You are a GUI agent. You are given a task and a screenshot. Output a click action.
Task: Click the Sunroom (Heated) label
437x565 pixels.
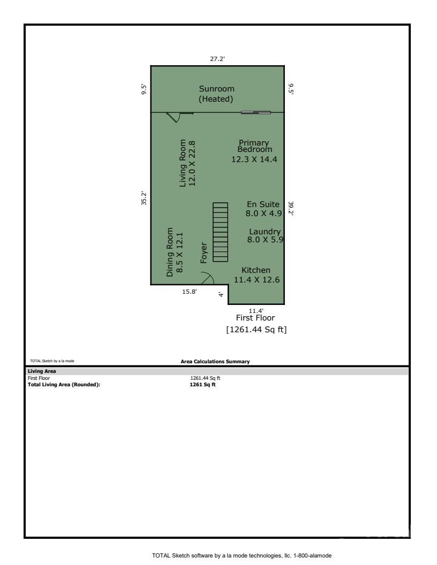[x=217, y=94]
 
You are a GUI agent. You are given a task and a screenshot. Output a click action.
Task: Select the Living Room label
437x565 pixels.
[x=187, y=163]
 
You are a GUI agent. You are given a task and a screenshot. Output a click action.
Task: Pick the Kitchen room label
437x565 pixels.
[x=255, y=274]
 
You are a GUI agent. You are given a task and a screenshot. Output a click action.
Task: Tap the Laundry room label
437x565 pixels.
[x=265, y=236]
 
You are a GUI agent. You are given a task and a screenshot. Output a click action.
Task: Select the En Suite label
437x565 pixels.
[x=262, y=209]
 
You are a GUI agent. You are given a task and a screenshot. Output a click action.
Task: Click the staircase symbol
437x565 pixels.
[x=220, y=232]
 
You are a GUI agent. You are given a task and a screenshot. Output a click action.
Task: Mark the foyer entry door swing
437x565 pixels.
[x=207, y=278]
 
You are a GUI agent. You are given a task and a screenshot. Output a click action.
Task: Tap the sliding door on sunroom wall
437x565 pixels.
[x=255, y=112]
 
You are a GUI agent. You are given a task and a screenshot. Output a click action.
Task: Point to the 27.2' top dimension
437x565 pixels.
[x=217, y=59]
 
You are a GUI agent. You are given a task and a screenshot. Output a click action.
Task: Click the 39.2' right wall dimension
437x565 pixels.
[x=291, y=208]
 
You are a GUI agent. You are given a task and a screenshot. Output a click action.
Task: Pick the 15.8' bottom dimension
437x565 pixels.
[x=190, y=292]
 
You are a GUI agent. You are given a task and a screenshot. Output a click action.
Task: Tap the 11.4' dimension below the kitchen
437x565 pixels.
[x=256, y=310]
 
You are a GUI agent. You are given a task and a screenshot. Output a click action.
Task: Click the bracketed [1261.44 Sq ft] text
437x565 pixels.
[x=257, y=330]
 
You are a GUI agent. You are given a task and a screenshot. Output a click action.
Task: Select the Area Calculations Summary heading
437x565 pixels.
[x=215, y=362]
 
